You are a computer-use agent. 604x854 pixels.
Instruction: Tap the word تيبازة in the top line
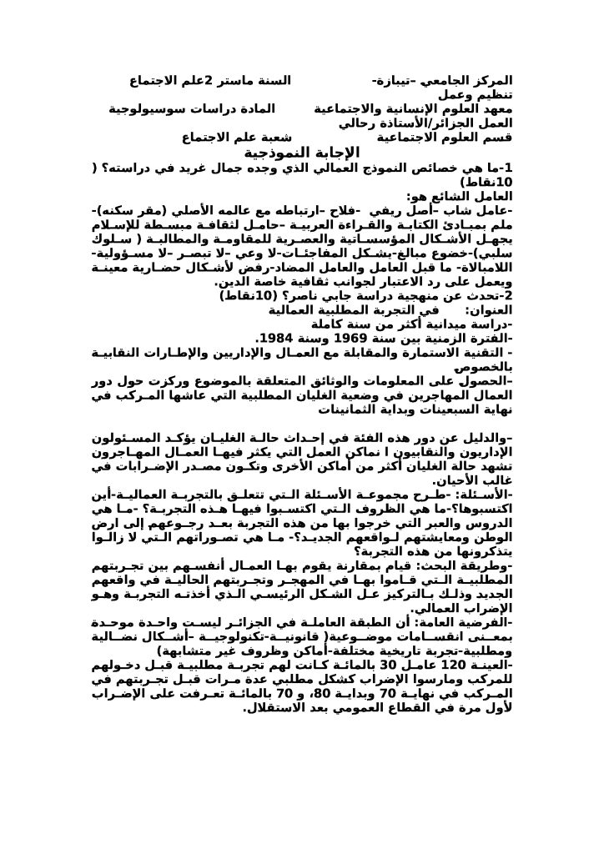pos(390,83)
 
